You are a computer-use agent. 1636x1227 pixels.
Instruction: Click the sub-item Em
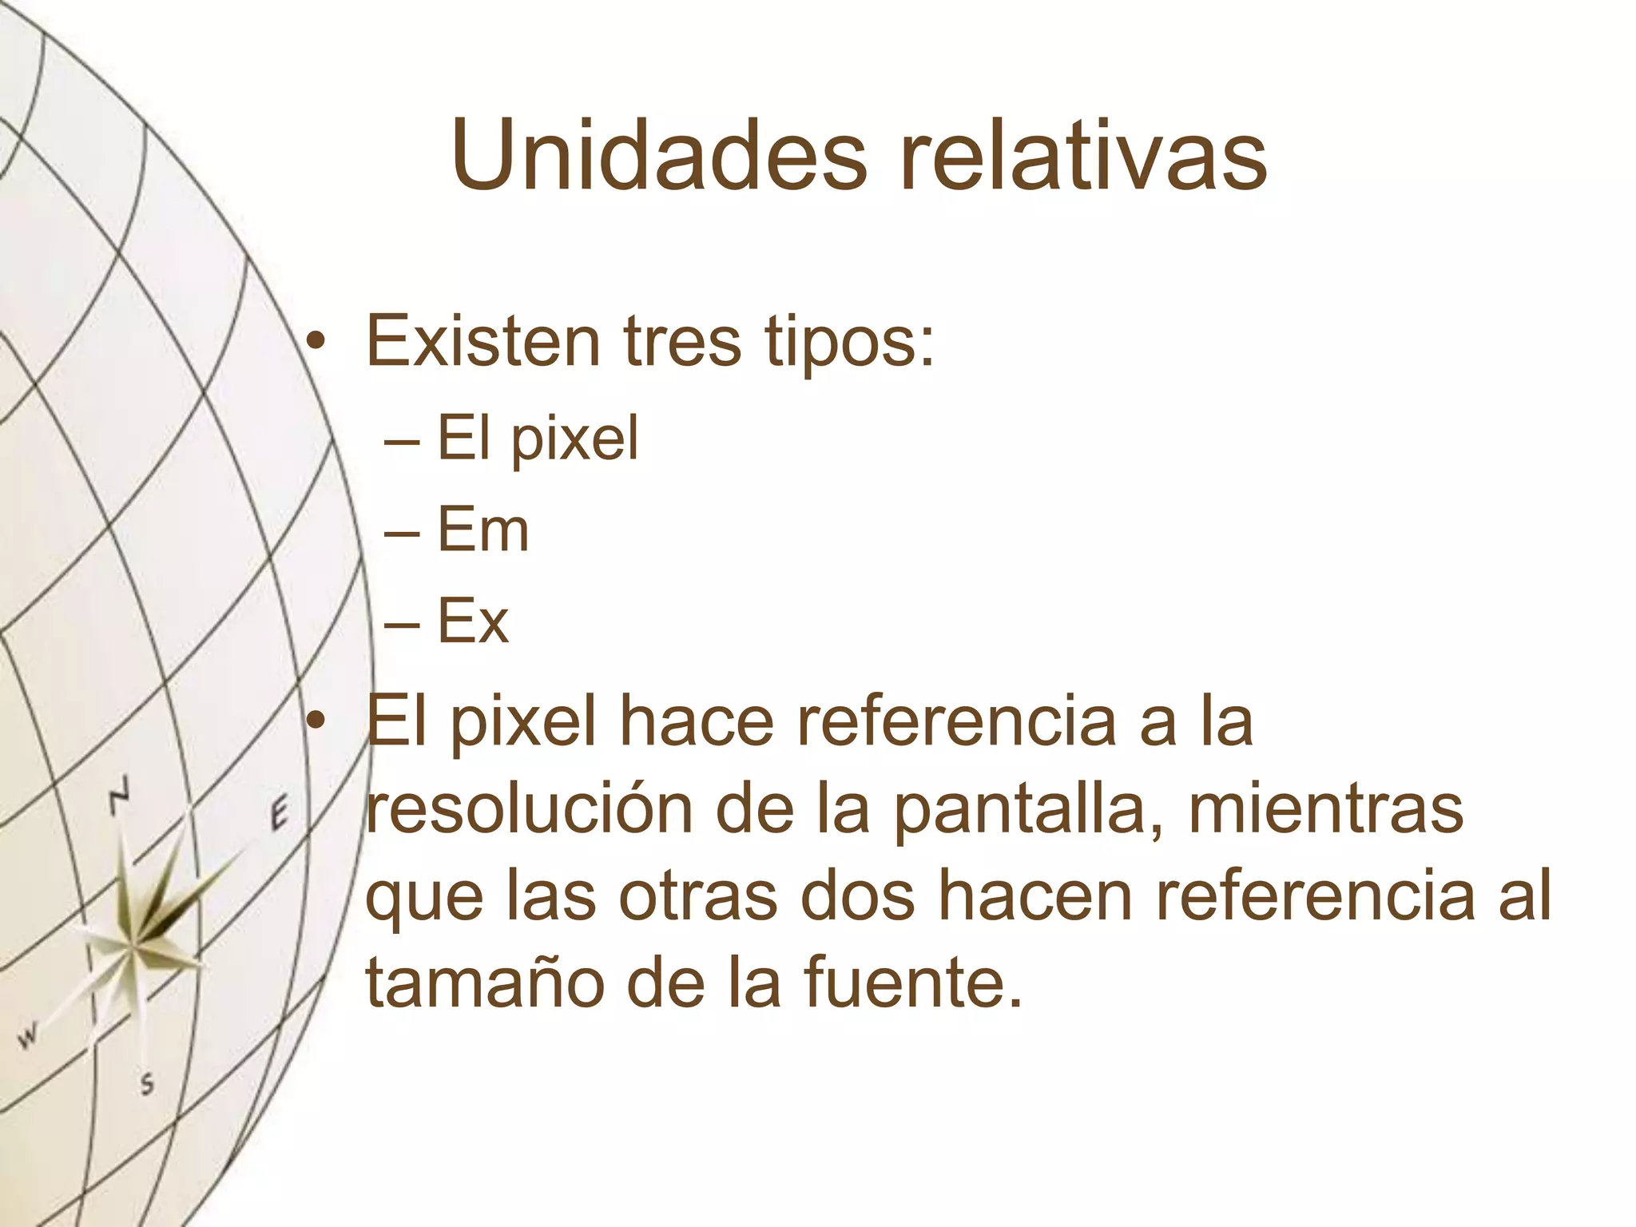click(x=483, y=530)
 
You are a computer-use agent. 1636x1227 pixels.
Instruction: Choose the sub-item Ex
click(x=473, y=621)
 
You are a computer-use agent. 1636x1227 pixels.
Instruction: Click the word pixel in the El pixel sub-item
click(x=575, y=440)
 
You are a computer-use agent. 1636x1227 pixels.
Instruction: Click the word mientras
click(x=1326, y=809)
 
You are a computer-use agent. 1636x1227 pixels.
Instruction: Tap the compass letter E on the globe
click(x=277, y=815)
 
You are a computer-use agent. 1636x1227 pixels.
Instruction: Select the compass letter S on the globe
click(x=147, y=1084)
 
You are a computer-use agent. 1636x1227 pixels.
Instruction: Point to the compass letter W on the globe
click(x=28, y=1037)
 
